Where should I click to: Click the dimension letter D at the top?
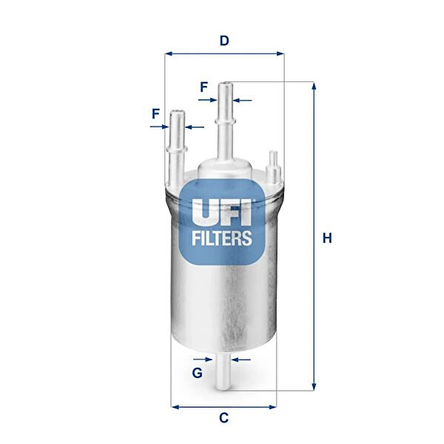click(x=223, y=41)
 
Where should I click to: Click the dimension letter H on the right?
click(x=327, y=238)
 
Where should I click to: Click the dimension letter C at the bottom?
click(x=223, y=418)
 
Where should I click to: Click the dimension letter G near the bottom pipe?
click(x=198, y=373)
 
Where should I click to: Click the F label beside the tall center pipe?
click(x=203, y=87)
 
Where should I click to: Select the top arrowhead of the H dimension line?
click(x=314, y=87)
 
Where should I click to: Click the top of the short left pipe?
click(x=177, y=113)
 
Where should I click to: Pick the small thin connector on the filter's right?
click(x=272, y=166)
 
